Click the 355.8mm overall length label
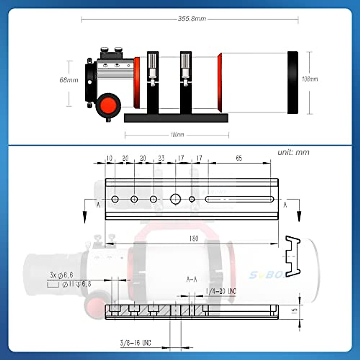point(192,19)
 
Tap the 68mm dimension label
point(69,80)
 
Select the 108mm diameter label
point(310,79)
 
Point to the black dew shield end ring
point(293,82)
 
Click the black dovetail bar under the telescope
point(176,118)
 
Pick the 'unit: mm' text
point(293,152)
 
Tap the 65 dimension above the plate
point(239,158)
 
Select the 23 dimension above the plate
point(161,158)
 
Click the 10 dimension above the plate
point(109,158)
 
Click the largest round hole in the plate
point(175,199)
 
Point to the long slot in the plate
point(239,199)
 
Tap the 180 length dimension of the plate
point(194,239)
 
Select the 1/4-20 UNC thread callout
point(221,291)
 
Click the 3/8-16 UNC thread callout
point(135,343)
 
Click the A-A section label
point(191,280)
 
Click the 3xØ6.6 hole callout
point(61,275)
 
